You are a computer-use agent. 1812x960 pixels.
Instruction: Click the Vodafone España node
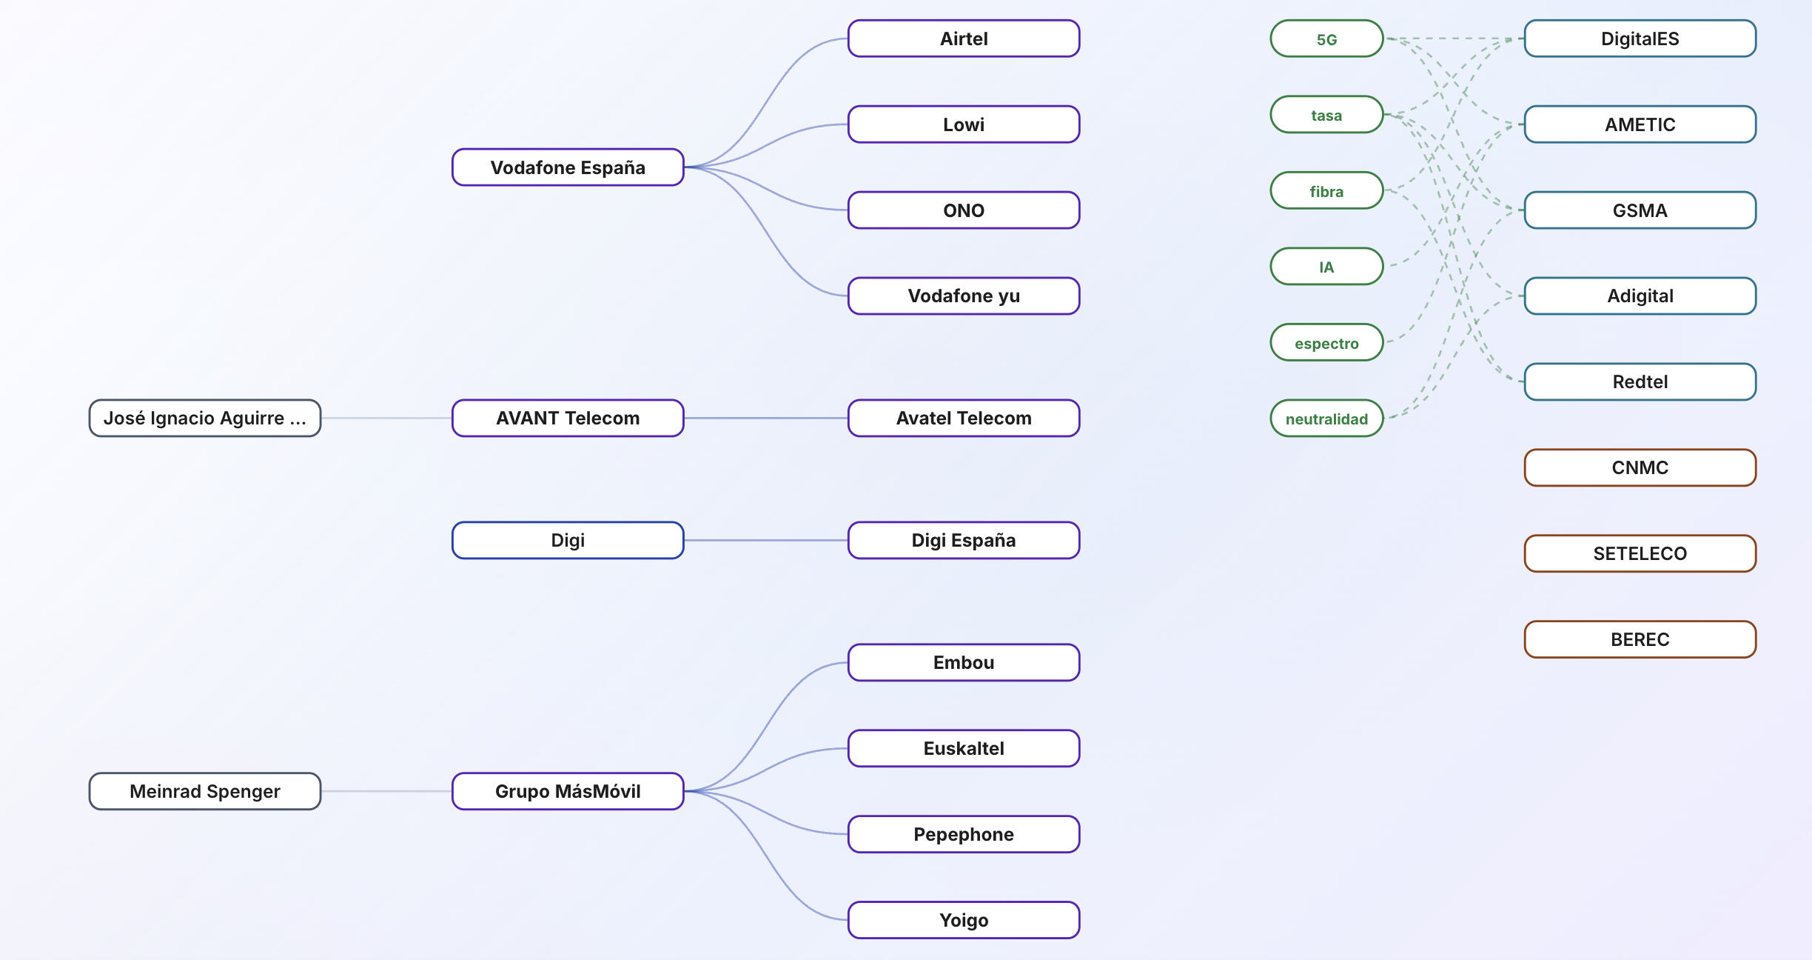(x=568, y=167)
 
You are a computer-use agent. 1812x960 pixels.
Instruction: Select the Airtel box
(x=964, y=39)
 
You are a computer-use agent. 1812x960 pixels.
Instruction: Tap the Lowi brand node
(x=964, y=124)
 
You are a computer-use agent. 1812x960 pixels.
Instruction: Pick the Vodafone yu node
(x=964, y=296)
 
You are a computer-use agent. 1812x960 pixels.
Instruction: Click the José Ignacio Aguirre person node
(x=205, y=419)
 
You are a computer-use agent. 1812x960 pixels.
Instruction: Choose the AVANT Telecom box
(x=568, y=419)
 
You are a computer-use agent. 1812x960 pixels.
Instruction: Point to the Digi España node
(x=964, y=541)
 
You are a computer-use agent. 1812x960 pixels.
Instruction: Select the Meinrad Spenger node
(x=205, y=791)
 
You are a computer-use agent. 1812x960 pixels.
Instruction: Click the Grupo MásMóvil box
(x=568, y=791)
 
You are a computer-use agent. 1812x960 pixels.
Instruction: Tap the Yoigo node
(x=964, y=920)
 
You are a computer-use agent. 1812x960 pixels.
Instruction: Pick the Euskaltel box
(x=964, y=748)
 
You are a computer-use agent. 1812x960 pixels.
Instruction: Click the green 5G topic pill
(x=1326, y=39)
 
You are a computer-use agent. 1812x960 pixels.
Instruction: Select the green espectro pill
(x=1326, y=342)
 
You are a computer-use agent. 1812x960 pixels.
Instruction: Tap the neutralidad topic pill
(x=1326, y=419)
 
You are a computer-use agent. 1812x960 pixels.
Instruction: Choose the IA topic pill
(x=1326, y=267)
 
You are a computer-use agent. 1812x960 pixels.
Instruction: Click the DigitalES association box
(x=1640, y=39)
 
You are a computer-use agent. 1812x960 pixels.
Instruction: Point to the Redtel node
(x=1640, y=382)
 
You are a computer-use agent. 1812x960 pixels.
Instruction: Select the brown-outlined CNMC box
(x=1640, y=468)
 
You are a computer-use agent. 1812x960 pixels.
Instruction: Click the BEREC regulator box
(x=1640, y=639)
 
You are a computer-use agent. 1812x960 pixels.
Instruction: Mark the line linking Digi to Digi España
(x=766, y=541)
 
